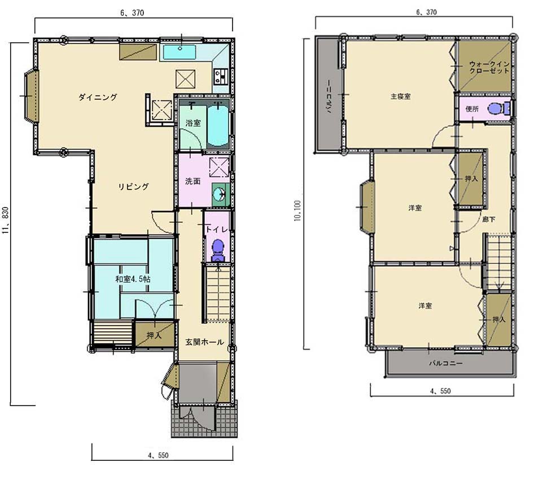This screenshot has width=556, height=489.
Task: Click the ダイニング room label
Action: coord(98,97)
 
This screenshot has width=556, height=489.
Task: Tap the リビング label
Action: coord(133,186)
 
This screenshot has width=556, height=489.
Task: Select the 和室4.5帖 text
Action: coord(133,279)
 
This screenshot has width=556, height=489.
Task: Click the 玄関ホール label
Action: coord(204,342)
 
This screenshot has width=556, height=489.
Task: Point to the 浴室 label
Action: coord(193,123)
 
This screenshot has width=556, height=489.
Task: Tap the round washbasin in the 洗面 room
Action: coord(220,194)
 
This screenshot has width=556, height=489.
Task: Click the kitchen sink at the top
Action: coord(180,52)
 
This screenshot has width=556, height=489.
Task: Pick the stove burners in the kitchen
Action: coord(220,76)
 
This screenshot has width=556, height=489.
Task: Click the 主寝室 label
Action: coord(401,96)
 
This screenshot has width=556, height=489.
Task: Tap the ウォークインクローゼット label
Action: coord(489,67)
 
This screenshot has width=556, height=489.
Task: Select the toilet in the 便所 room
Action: coord(498,108)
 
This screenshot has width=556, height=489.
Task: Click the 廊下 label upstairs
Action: coord(489,219)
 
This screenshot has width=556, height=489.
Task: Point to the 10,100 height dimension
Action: coord(297,210)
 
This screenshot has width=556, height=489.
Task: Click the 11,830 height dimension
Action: coord(5,221)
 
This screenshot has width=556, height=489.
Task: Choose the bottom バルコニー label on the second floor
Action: coord(446,363)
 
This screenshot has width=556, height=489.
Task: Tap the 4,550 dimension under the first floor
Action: coord(158,455)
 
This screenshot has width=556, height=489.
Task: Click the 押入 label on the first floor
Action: coord(154,335)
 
